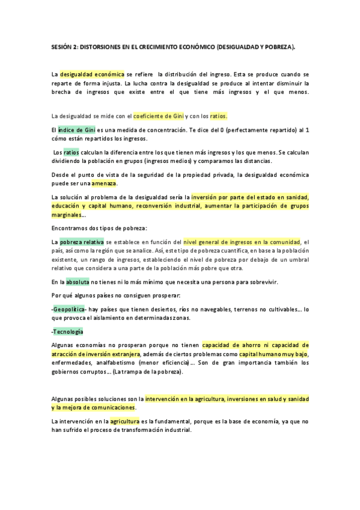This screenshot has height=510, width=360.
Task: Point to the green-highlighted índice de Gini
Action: click(77, 129)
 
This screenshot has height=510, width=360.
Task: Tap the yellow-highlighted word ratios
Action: click(218, 116)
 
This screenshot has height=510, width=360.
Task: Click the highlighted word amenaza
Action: click(104, 183)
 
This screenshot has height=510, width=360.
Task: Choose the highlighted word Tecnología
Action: click(68, 331)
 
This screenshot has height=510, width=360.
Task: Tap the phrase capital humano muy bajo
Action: click(274, 354)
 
